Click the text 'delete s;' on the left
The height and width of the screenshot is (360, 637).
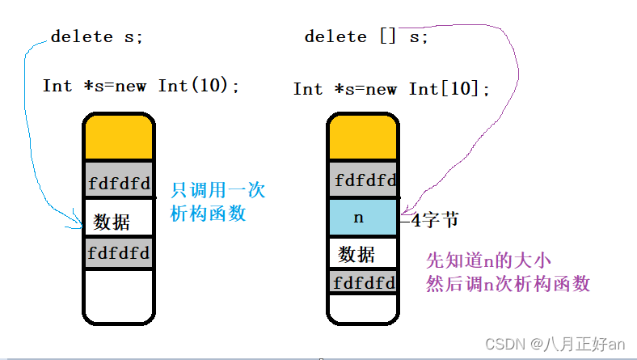coord(98,37)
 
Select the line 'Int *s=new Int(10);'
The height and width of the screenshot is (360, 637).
coord(141,86)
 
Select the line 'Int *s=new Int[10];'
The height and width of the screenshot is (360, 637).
coord(392,89)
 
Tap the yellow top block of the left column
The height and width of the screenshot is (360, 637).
coord(118,138)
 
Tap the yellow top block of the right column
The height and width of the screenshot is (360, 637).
coord(363,138)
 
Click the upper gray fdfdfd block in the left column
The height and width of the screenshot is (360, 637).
coord(118,183)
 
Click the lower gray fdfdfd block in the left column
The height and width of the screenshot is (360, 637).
coord(118,252)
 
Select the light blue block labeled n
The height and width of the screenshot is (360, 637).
coord(363,218)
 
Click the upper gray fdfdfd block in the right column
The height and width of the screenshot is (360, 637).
coord(363,180)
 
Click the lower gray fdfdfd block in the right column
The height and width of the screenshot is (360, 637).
coord(363,283)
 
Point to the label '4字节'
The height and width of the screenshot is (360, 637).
coord(434,219)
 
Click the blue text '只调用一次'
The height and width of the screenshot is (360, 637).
coord(217,192)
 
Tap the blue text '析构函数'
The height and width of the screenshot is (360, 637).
coord(208,214)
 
